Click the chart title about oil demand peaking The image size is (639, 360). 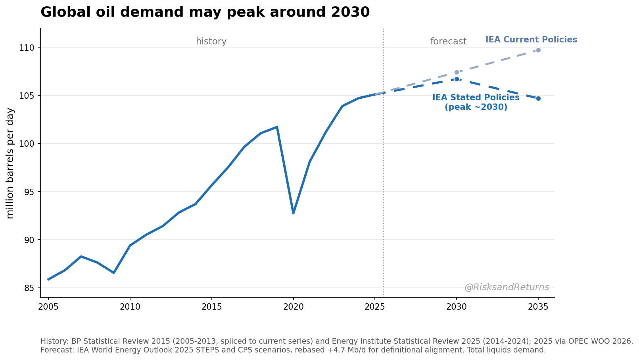205,12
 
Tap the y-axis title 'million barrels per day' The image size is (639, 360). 10,163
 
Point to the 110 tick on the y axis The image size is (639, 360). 26,48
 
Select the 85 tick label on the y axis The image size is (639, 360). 29,288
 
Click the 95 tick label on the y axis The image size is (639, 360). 29,192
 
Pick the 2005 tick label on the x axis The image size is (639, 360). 48,307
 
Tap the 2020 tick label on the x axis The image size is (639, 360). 293,307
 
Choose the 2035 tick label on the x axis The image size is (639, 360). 538,307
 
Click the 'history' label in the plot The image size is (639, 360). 211,41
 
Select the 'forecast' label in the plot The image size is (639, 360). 449,41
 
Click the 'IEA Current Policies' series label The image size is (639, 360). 532,40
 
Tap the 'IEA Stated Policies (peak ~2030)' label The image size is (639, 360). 476,102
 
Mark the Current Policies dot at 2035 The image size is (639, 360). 538,50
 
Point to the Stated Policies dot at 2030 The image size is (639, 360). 457,79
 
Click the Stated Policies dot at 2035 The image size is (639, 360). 538,99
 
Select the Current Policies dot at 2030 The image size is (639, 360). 457,73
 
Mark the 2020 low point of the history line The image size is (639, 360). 293,213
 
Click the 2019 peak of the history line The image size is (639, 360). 277,127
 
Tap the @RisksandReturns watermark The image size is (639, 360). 507,287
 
